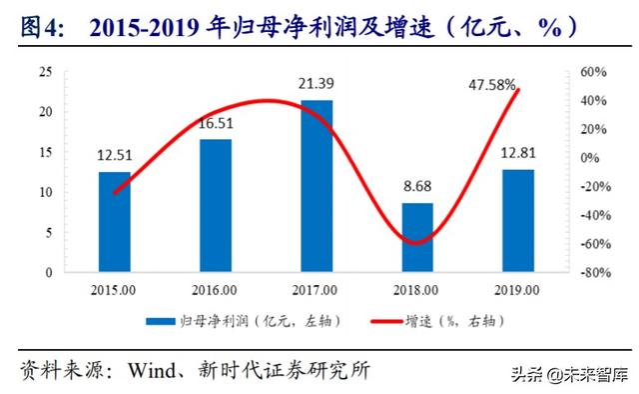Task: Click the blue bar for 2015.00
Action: pos(114,221)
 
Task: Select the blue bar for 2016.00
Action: pos(215,205)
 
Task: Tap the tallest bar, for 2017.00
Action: pos(317,185)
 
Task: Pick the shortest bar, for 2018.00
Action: pos(417,237)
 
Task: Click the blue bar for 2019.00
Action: pos(518,220)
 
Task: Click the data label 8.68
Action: pos(417,187)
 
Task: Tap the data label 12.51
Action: pos(114,155)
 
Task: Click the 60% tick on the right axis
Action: pos(593,72)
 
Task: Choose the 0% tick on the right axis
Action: pos(589,158)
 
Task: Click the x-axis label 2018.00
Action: pos(417,290)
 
